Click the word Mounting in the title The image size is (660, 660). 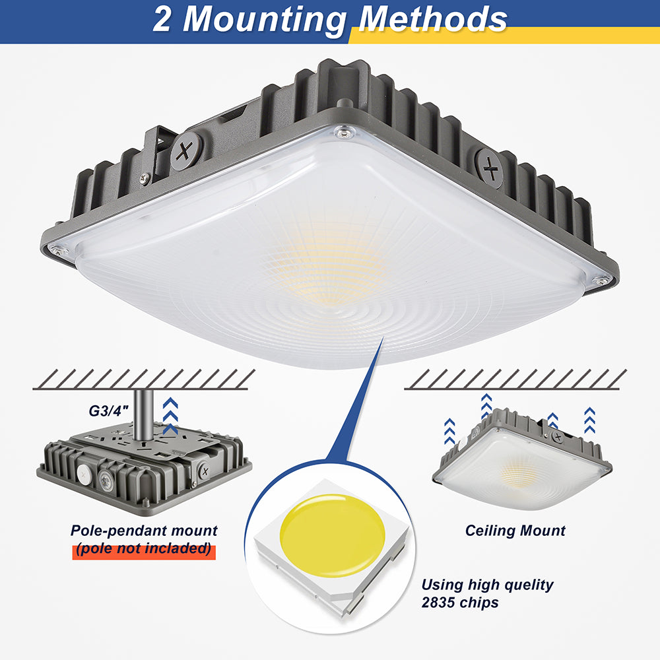click(x=265, y=20)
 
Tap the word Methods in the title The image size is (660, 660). click(x=432, y=20)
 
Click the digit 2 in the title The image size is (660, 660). click(x=163, y=20)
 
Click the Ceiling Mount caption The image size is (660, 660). click(x=515, y=530)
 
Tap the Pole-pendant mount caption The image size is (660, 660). click(x=144, y=530)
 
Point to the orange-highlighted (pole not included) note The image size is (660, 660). click(x=144, y=548)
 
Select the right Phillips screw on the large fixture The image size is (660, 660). click(x=490, y=168)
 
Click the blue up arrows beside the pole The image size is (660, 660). click(x=170, y=416)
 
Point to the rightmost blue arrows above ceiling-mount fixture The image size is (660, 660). click(x=589, y=420)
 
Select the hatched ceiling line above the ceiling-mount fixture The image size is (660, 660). click(x=515, y=379)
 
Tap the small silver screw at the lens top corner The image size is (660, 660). click(x=342, y=133)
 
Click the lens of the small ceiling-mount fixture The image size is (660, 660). click(x=521, y=472)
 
